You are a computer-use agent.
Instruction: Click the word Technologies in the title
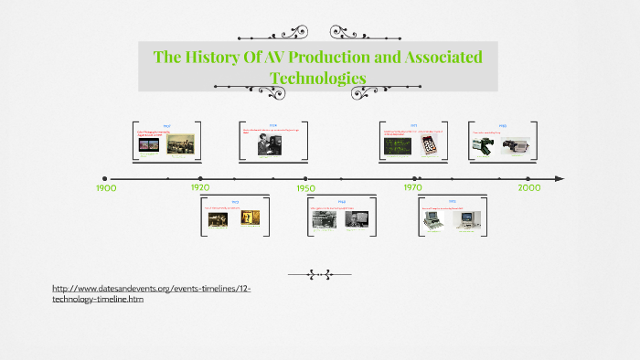[318, 78]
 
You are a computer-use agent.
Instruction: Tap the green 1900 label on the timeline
[106, 187]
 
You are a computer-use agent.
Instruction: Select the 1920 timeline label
[200, 186]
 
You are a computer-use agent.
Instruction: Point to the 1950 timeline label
[305, 187]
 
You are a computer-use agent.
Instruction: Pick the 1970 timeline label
[413, 186]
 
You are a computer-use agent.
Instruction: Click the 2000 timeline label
[528, 186]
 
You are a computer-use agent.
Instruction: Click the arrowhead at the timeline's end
[559, 179]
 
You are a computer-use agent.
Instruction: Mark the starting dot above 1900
[105, 179]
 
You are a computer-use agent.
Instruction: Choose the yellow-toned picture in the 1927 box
[251, 219]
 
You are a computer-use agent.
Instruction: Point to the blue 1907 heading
[167, 125]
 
